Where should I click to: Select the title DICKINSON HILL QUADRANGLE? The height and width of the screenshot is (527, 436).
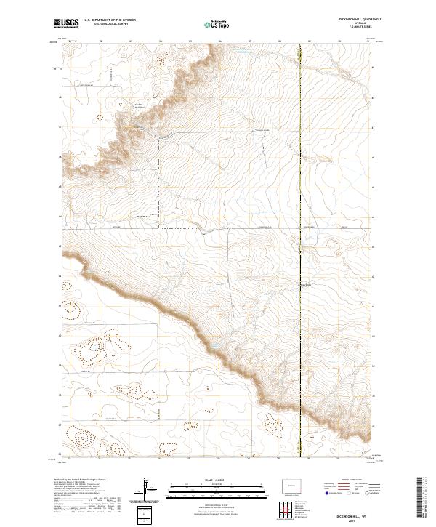click(358, 20)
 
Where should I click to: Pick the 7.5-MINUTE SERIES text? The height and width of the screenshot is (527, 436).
click(358, 28)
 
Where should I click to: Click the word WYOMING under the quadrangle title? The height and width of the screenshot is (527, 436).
click(358, 24)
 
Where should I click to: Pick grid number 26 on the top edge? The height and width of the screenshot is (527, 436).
click(219, 41)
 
